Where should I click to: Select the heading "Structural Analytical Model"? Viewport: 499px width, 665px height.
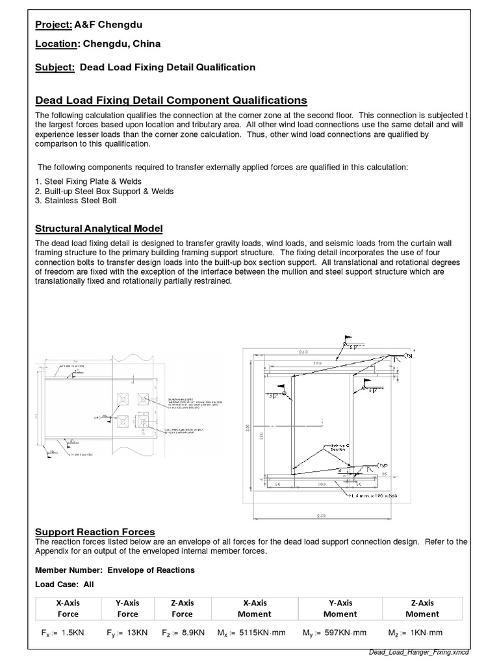pos(98,229)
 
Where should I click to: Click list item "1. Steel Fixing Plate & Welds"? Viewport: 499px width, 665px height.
pos(88,182)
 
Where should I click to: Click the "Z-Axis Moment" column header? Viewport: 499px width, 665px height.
pos(422,609)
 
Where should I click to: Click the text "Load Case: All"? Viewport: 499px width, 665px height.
pos(64,584)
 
